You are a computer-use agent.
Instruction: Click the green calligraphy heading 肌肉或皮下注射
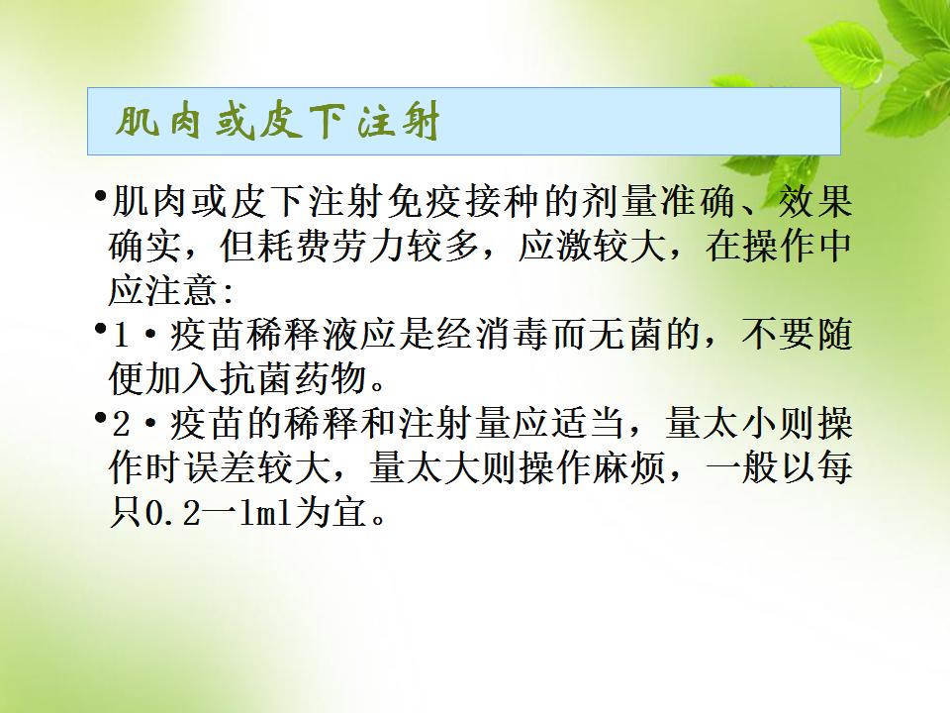(277, 123)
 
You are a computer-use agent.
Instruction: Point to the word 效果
(815, 201)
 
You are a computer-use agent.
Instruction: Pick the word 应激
(555, 247)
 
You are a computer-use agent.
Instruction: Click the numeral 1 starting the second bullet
(121, 336)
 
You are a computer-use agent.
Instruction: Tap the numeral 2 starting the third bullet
(121, 424)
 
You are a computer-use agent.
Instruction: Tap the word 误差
(221, 468)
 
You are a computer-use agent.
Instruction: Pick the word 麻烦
(629, 468)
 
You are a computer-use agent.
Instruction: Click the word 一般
(741, 468)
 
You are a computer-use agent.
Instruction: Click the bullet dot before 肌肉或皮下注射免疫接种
(99, 195)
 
